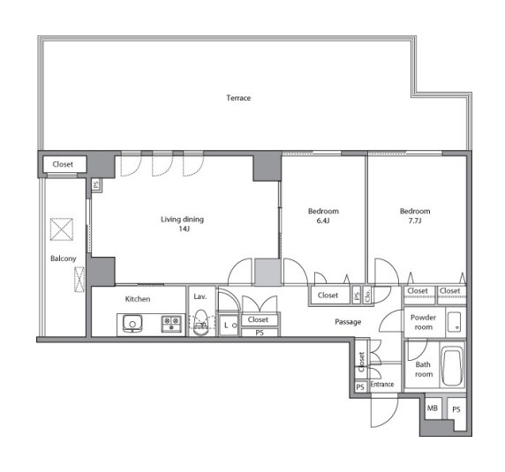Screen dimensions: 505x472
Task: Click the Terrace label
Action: click(x=238, y=98)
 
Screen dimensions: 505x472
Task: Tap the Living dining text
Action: click(x=182, y=220)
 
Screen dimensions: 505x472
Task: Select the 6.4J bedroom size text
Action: click(x=323, y=221)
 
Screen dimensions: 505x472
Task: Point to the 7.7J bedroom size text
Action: click(x=415, y=221)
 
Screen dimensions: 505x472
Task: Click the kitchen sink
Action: click(x=132, y=324)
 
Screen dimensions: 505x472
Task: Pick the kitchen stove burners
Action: click(x=171, y=324)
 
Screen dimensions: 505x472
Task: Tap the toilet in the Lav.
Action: click(x=201, y=323)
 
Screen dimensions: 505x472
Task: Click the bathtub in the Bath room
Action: click(x=452, y=366)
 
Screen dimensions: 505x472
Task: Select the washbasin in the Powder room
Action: click(x=455, y=322)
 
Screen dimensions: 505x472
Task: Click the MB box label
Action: click(x=433, y=408)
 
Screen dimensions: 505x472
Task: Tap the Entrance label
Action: click(x=382, y=384)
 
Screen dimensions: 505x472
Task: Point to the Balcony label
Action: click(x=64, y=258)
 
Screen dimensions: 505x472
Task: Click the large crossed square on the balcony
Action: click(x=62, y=229)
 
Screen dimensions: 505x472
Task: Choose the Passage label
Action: click(x=348, y=322)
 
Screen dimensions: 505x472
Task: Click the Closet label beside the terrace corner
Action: click(x=63, y=164)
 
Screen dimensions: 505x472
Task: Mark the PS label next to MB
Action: click(x=456, y=409)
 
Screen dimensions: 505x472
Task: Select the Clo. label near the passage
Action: click(x=368, y=295)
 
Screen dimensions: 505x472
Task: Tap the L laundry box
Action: click(x=229, y=326)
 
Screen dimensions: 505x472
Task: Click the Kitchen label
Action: click(x=138, y=299)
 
